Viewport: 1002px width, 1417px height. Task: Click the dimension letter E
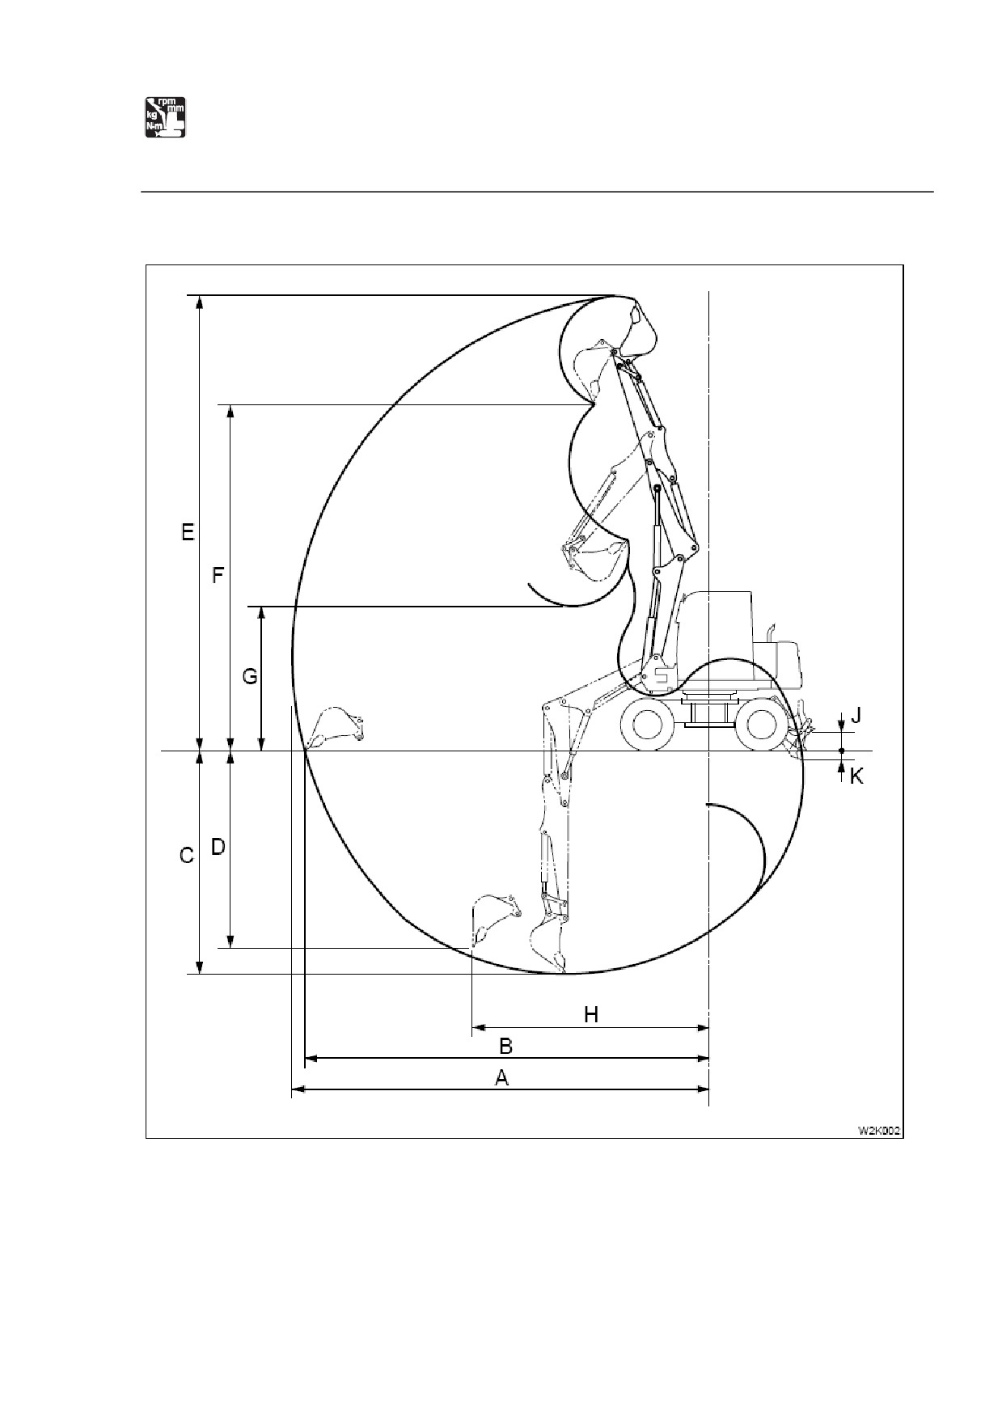(x=188, y=532)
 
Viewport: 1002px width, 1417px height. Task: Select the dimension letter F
(x=218, y=576)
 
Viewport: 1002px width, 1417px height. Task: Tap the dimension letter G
(x=250, y=675)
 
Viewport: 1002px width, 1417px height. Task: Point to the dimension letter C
(x=187, y=855)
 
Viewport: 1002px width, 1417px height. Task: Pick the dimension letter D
(x=218, y=847)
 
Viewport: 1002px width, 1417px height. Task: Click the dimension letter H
(x=591, y=1014)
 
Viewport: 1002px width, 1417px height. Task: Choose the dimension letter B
(x=505, y=1047)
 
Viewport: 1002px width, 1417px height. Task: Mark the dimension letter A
(x=502, y=1078)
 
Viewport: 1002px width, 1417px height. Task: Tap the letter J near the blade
(x=856, y=715)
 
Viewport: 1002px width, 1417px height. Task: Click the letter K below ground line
(x=856, y=776)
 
